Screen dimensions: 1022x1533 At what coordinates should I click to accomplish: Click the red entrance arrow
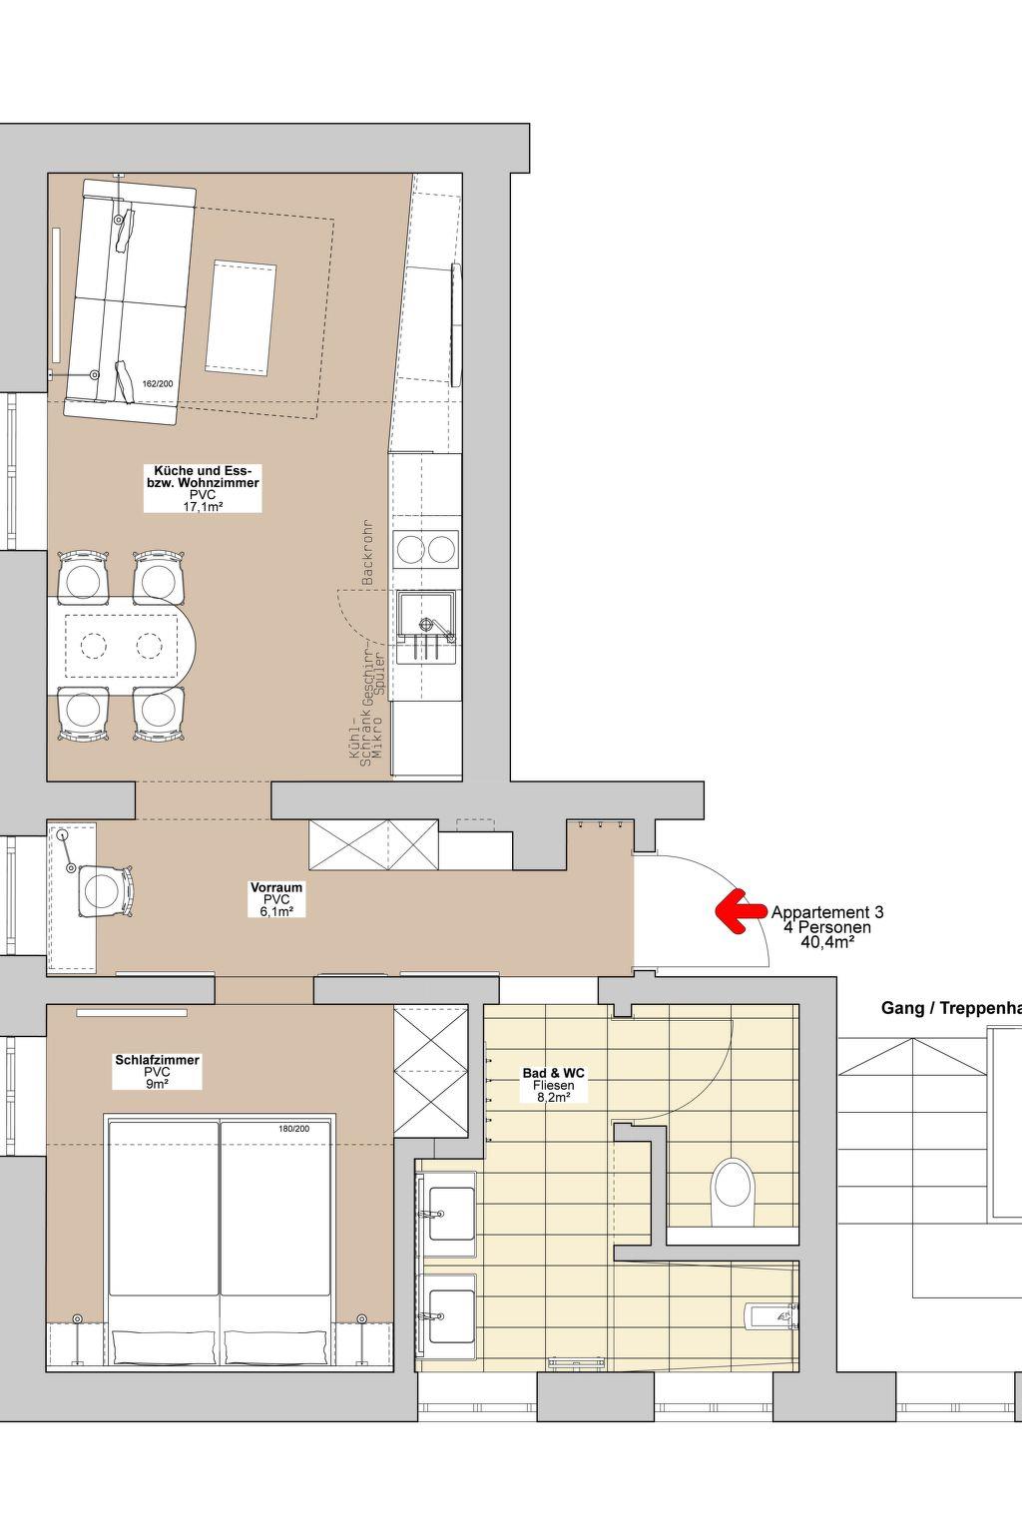tap(741, 911)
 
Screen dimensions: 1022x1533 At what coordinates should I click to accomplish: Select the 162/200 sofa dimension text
tap(158, 384)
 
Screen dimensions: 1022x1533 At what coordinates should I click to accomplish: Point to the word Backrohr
tap(368, 553)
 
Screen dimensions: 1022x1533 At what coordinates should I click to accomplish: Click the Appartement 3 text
tap(827, 912)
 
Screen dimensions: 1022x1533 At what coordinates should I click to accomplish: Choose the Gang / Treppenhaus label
tap(951, 1008)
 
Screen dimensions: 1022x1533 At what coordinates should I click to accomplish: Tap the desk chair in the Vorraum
tap(105, 890)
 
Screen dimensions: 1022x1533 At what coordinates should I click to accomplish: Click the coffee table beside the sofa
tap(241, 317)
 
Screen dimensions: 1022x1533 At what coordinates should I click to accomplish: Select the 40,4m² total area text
tap(827, 942)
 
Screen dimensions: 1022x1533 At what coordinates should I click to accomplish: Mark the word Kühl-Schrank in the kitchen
tap(360, 741)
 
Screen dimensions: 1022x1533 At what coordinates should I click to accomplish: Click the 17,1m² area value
tap(203, 506)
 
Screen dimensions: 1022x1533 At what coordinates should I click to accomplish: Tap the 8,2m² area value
tap(553, 1097)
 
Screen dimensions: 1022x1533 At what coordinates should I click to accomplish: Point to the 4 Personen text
tap(827, 927)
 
